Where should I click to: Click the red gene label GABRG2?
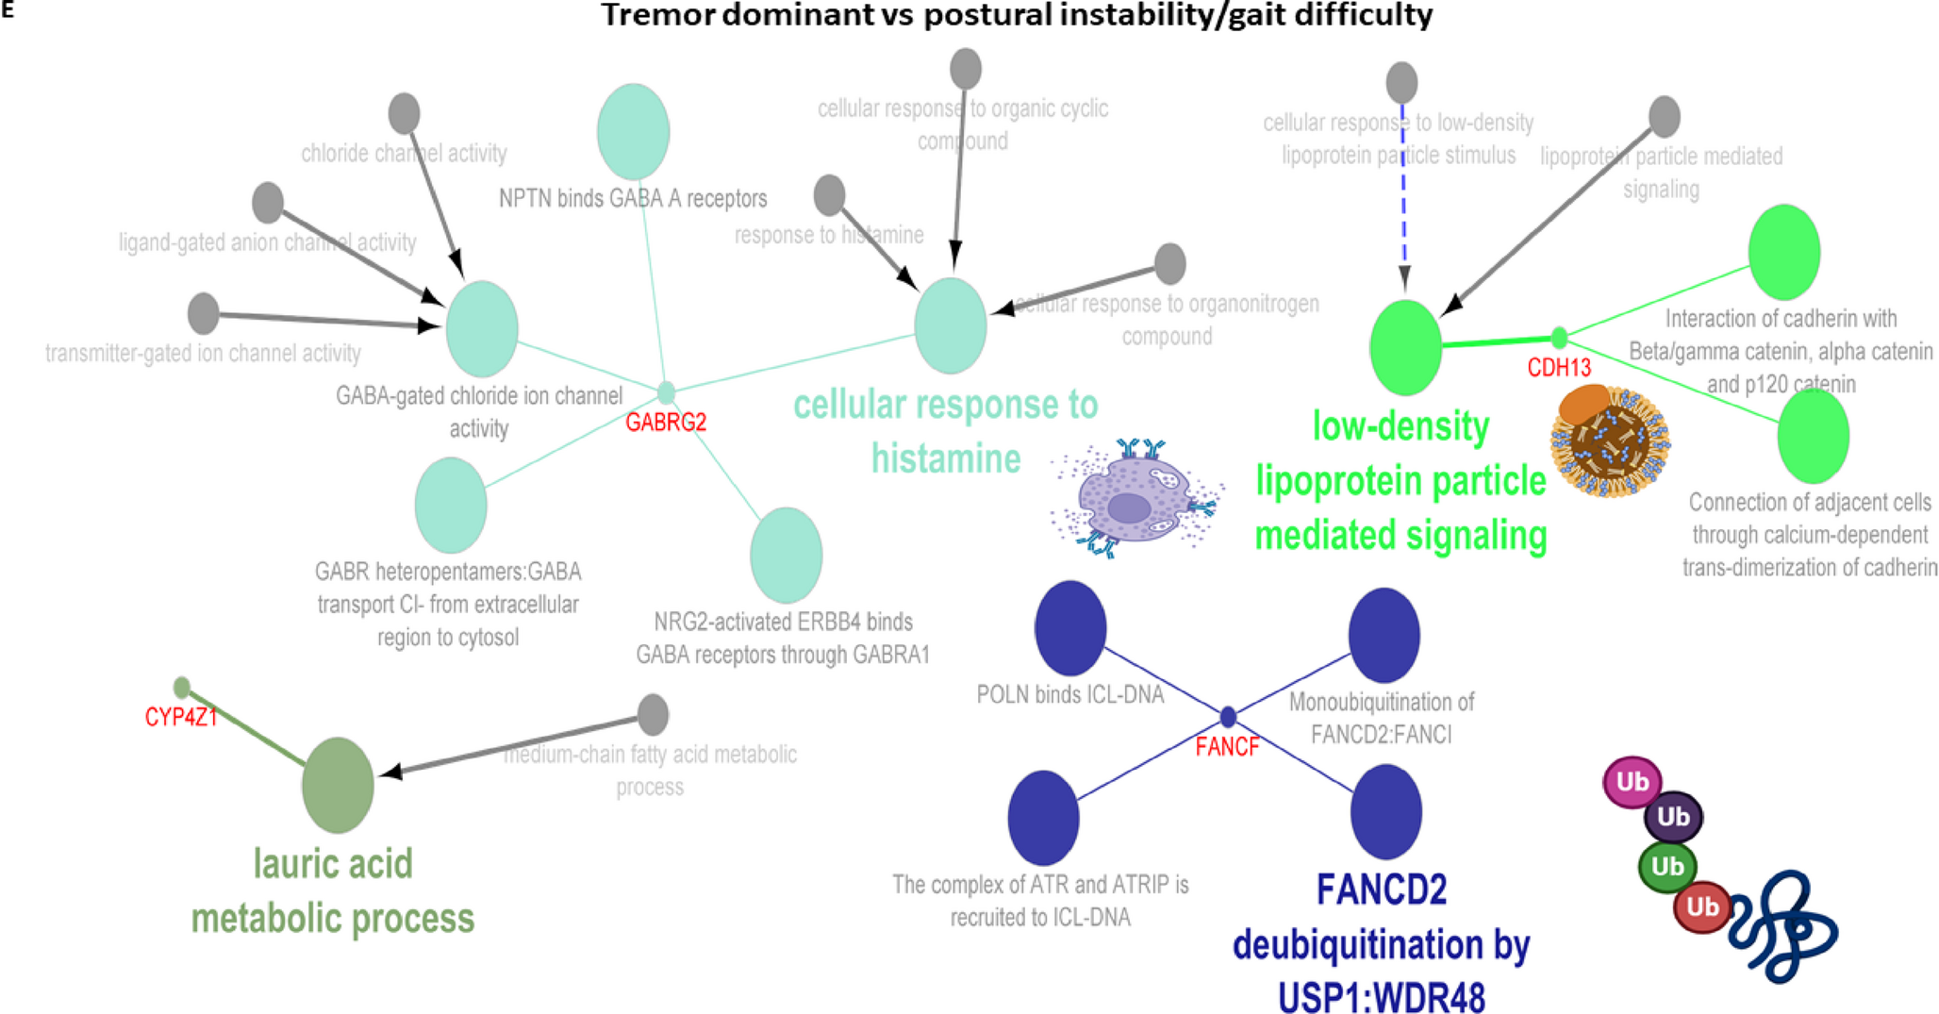666,423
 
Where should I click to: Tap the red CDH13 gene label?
1559,368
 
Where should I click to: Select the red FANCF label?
1227,747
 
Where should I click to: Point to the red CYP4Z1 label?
181,718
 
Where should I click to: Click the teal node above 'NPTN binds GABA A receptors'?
633,131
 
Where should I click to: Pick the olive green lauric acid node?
338,785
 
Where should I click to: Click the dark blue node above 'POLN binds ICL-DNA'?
1070,628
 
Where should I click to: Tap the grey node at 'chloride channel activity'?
405,113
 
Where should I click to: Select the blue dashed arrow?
1403,198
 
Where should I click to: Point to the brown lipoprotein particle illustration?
1610,441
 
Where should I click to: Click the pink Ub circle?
1632,782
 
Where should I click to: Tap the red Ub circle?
1701,906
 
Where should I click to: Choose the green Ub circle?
1666,866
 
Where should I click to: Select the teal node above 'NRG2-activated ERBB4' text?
786,555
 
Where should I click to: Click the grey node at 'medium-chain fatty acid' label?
653,714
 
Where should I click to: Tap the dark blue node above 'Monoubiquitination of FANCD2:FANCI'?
1384,635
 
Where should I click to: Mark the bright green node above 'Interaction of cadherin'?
1783,252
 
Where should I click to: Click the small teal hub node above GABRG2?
666,391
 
